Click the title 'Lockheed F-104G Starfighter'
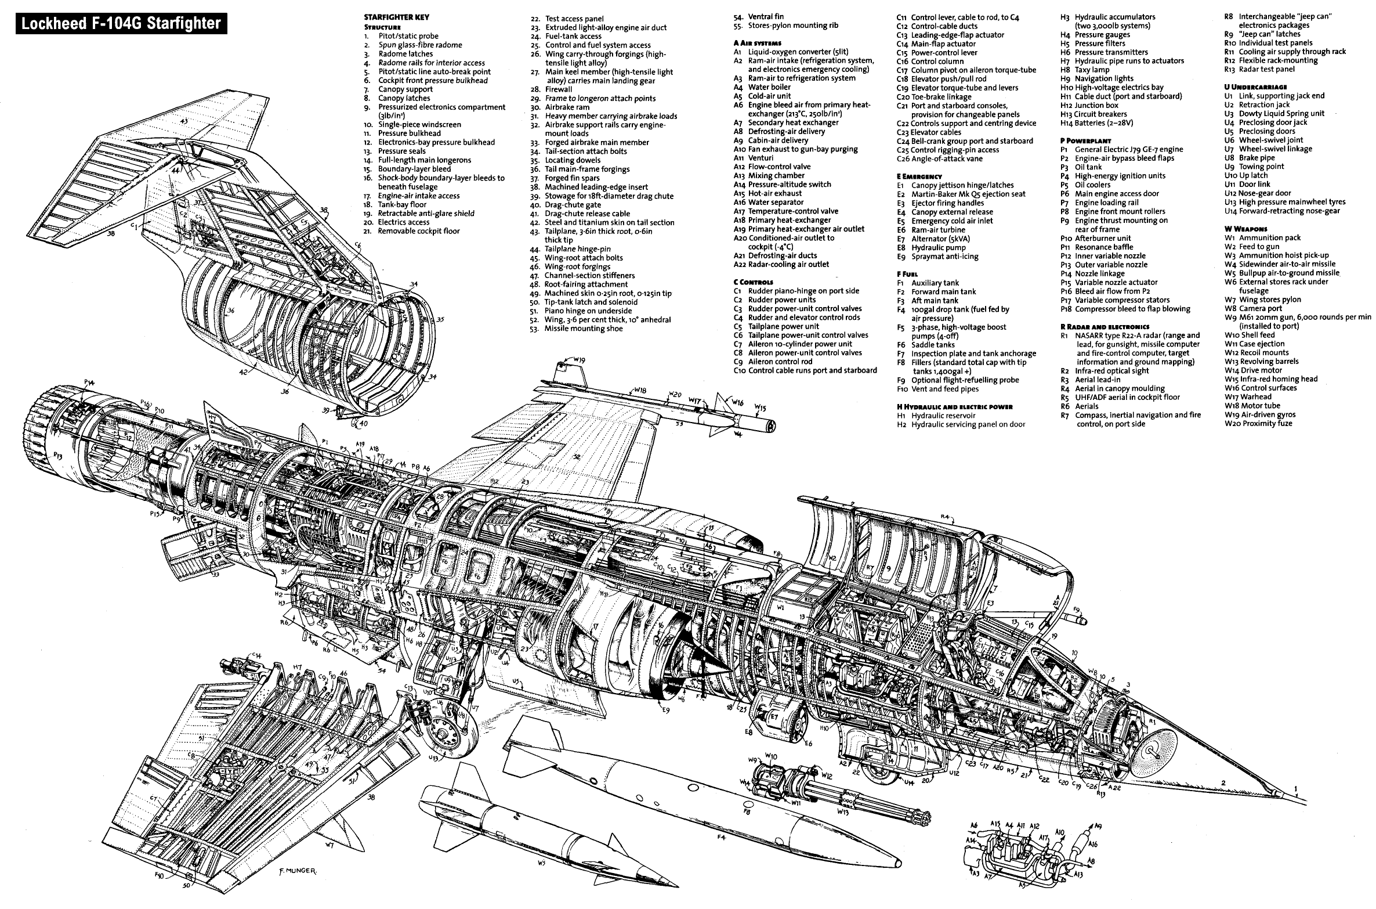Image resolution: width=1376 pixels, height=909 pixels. click(x=121, y=23)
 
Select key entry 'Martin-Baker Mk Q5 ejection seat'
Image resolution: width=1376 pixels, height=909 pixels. click(x=968, y=194)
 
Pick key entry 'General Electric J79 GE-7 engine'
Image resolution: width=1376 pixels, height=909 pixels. click(x=1128, y=149)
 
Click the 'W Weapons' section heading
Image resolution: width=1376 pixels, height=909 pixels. click(x=1245, y=229)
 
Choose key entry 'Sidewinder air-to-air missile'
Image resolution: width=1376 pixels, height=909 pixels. click(x=1287, y=264)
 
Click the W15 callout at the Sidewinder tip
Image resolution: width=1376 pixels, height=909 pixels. click(x=761, y=408)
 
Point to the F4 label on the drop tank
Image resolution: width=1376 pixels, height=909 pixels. click(x=721, y=837)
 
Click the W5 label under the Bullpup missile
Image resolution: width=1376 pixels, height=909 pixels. click(x=541, y=879)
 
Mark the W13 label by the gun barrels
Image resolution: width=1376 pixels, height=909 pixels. click(x=843, y=812)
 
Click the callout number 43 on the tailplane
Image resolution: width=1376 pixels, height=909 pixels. click(x=184, y=122)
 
